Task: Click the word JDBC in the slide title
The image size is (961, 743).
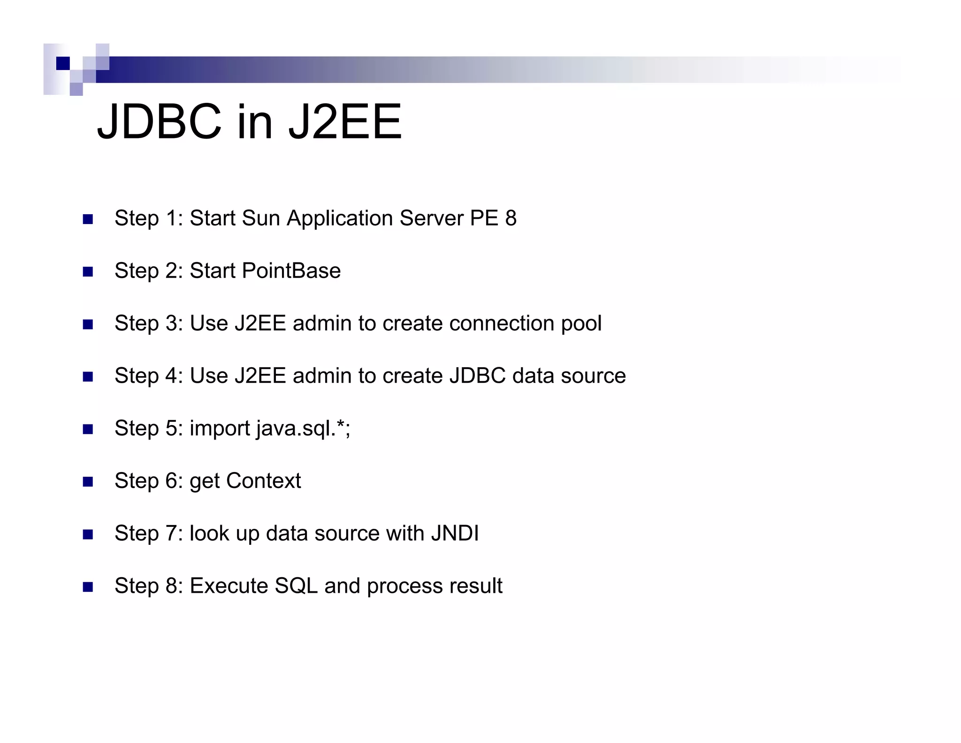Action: tap(159, 122)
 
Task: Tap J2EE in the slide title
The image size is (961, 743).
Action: tap(345, 122)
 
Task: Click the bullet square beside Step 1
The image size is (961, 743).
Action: tap(88, 219)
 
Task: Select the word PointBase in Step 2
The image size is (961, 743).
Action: tap(291, 271)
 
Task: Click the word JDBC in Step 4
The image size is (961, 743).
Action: tap(477, 376)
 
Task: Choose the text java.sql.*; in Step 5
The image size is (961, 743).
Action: tap(303, 428)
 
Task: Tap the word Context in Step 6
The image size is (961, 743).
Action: tap(263, 480)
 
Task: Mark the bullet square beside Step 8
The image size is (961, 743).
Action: tap(88, 587)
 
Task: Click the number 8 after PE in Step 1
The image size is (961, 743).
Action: tap(511, 218)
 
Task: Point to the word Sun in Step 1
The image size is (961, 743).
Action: tap(260, 218)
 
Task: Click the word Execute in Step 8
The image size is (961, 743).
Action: tap(229, 586)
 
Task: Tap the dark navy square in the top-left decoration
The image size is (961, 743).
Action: tap(63, 63)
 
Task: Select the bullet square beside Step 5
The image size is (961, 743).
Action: tap(88, 429)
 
